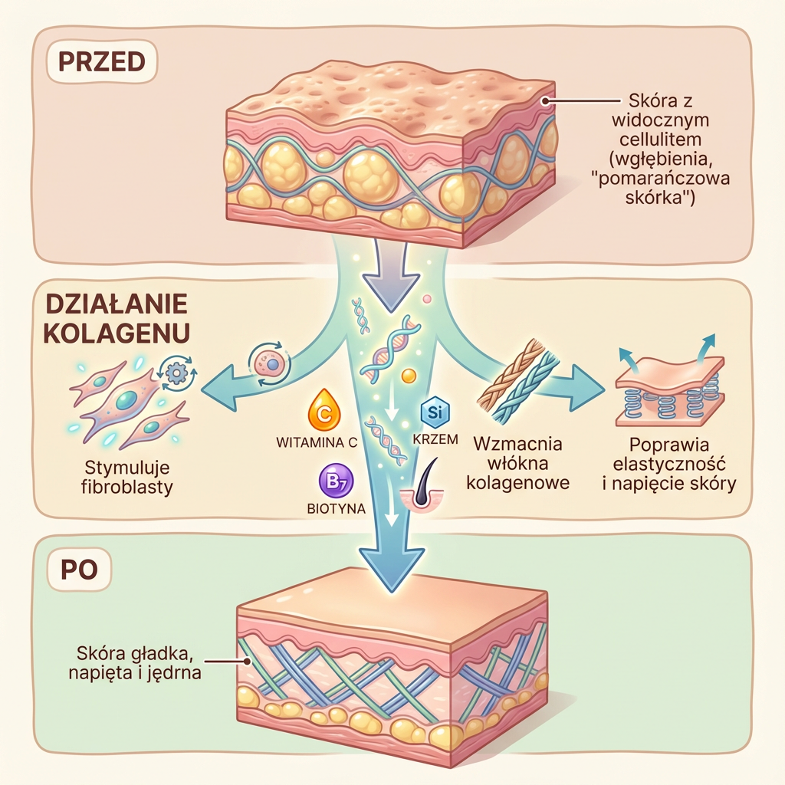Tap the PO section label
pos(80,571)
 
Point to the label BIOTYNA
pos(336,507)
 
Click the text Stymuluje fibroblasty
pos(127,477)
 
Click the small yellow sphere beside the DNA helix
pos(409,375)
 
